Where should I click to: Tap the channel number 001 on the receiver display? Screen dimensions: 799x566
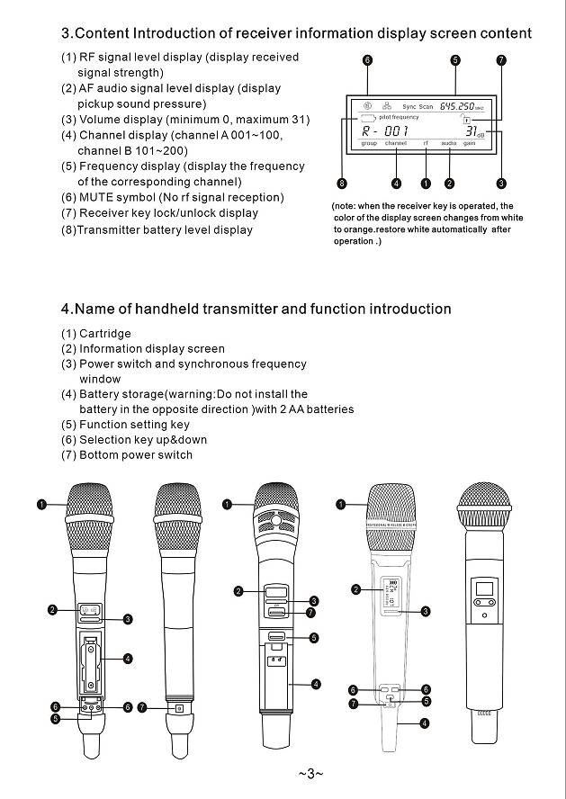(x=395, y=131)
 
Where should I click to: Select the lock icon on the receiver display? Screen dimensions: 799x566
(x=467, y=120)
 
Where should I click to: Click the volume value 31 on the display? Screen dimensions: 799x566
(x=470, y=132)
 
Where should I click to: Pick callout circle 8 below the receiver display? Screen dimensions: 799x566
(x=342, y=184)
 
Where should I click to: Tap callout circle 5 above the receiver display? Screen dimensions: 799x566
(x=455, y=60)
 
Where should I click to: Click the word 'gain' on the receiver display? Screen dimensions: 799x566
(x=470, y=144)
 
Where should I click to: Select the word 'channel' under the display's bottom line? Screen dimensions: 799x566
(x=396, y=144)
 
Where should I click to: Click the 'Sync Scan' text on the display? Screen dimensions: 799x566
(x=418, y=107)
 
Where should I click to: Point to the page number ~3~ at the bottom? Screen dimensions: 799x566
(x=310, y=774)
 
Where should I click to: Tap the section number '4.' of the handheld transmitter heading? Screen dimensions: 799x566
(x=67, y=310)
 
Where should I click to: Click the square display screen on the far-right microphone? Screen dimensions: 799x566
(x=484, y=591)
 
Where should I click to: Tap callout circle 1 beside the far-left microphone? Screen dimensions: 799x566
(x=41, y=504)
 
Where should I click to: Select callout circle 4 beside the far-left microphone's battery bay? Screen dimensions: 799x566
(x=128, y=659)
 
